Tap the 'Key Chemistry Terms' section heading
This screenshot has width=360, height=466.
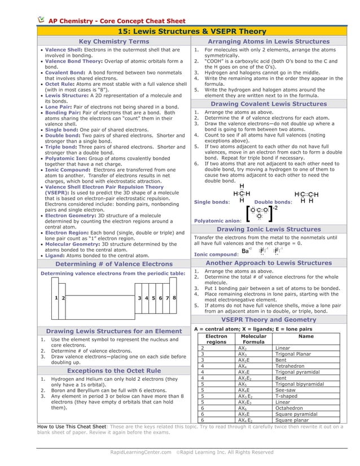(x=114, y=42)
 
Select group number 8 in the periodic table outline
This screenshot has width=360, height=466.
(x=174, y=297)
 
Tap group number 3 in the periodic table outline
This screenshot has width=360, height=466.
(x=139, y=297)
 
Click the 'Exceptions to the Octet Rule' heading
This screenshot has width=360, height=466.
(x=114, y=371)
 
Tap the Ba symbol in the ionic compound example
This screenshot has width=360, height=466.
(x=245, y=252)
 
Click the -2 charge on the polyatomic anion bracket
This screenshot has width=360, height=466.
(x=275, y=208)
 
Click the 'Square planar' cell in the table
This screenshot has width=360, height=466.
(x=297, y=420)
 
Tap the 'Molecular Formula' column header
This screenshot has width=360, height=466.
(x=253, y=339)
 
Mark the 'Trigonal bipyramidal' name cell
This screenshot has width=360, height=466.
(x=304, y=384)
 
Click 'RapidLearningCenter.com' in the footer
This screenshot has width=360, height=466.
(x=140, y=452)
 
